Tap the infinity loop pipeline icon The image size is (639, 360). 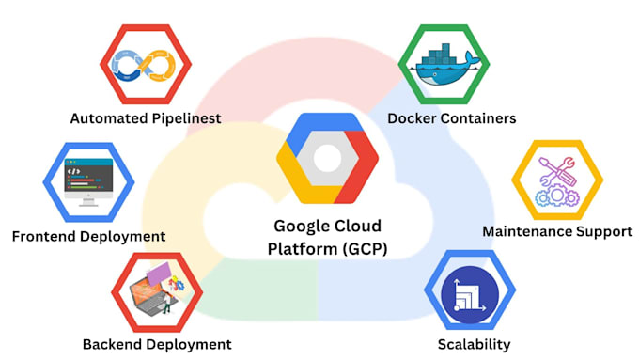click(x=145, y=65)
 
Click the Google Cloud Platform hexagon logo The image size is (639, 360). click(x=325, y=161)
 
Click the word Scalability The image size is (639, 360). click(x=475, y=344)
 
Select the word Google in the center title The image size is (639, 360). click(x=300, y=226)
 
